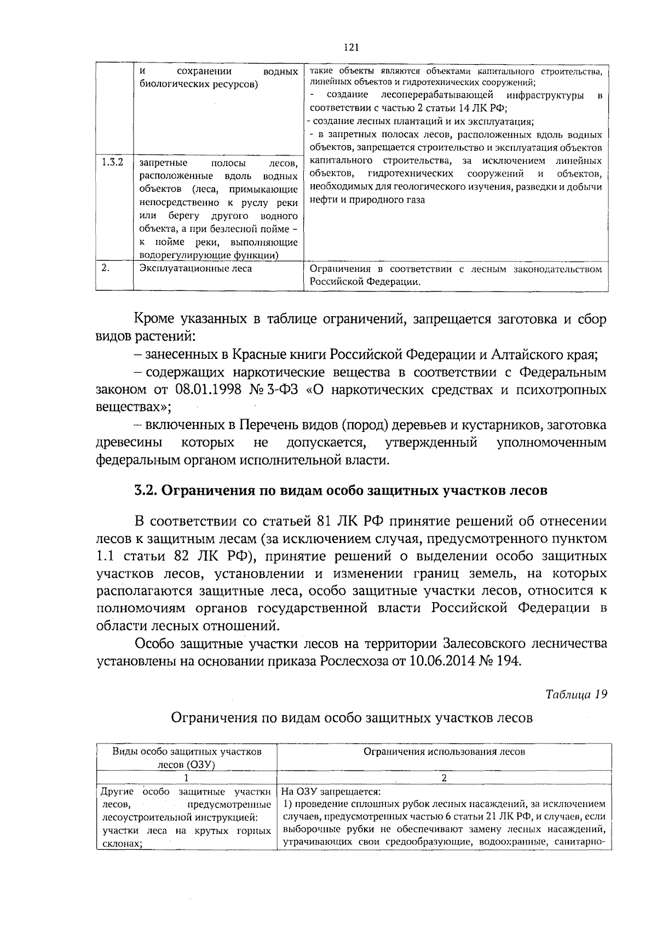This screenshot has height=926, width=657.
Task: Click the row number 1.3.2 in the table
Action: (x=113, y=163)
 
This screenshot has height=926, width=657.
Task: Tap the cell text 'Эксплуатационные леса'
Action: (x=196, y=269)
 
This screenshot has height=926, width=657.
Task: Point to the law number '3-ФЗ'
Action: (x=280, y=390)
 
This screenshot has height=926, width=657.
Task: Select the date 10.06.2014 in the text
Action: (x=438, y=660)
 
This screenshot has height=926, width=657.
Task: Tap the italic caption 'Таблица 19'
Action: (x=577, y=694)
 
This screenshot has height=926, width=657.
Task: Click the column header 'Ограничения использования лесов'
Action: (x=444, y=752)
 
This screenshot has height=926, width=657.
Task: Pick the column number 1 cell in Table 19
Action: (x=186, y=778)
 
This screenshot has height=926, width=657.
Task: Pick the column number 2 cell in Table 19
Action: (x=444, y=778)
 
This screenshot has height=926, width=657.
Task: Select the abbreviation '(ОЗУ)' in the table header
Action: (x=200, y=764)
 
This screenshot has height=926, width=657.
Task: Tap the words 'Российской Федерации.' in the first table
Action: (x=366, y=282)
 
